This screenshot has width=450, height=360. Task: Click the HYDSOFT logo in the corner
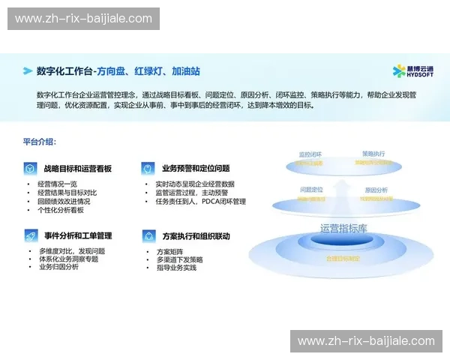pyautogui.click(x=412, y=71)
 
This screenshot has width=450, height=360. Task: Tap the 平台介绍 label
pyautogui.click(x=40, y=141)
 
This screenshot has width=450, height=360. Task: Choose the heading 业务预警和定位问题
pyautogui.click(x=196, y=169)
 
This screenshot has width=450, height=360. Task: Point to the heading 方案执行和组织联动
pyautogui.click(x=196, y=235)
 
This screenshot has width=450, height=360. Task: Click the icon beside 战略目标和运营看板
pyautogui.click(x=30, y=169)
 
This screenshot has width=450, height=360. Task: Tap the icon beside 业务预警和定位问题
pyautogui.click(x=148, y=169)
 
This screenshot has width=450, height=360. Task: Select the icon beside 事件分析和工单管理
pyautogui.click(x=30, y=235)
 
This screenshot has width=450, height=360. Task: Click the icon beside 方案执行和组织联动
pyautogui.click(x=148, y=235)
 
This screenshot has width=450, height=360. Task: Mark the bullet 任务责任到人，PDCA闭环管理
pyautogui.click(x=200, y=202)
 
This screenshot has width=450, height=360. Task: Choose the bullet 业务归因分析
pyautogui.click(x=58, y=267)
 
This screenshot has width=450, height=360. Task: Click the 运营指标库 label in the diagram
pyautogui.click(x=343, y=228)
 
